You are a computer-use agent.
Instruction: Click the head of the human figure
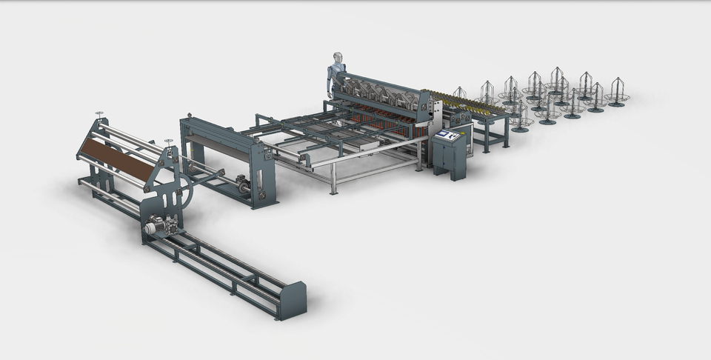point(338,58)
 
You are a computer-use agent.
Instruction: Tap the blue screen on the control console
point(446,136)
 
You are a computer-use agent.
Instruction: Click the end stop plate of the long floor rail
point(294,300)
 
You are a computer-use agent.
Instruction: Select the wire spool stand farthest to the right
point(616,93)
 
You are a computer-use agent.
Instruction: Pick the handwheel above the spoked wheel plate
point(168,142)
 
